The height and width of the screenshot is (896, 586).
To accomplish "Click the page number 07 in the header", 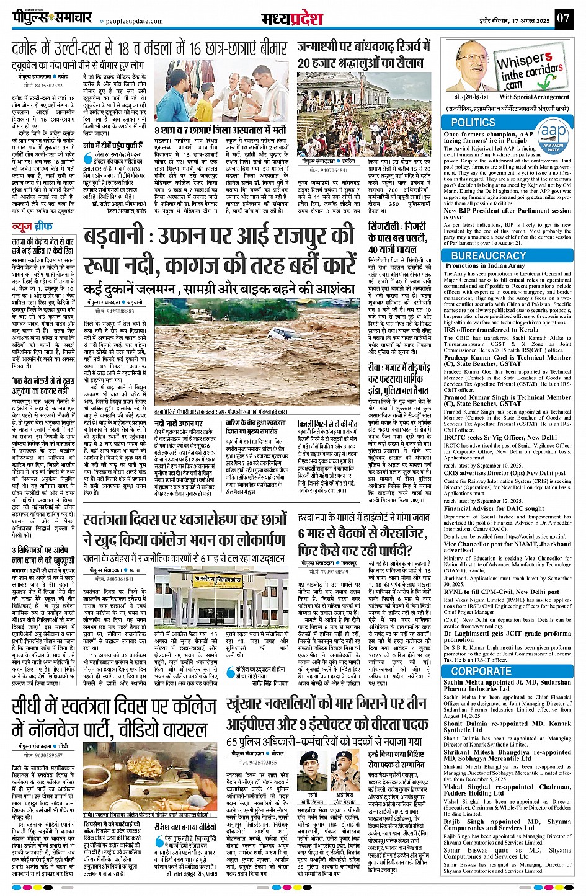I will (562, 18).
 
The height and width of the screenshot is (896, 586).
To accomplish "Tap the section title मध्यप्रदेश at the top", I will (291, 18).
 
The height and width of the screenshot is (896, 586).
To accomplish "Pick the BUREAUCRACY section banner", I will (488, 255).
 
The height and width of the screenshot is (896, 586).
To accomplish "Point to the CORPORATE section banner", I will (481, 671).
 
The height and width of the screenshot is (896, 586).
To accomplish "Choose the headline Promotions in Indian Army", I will (485, 265).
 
